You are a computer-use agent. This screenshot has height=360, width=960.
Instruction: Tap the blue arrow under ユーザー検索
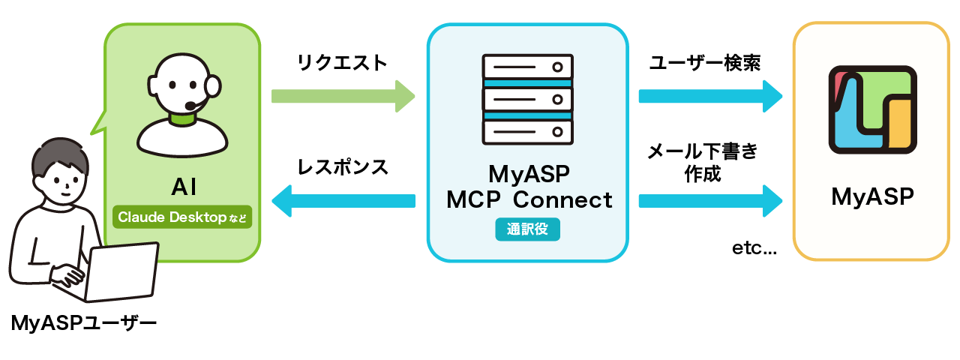coord(709,96)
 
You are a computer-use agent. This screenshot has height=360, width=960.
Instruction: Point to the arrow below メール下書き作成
coord(709,200)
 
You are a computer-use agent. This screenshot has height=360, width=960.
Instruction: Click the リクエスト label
coord(342,63)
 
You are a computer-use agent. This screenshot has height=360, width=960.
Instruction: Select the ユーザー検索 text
coord(705,63)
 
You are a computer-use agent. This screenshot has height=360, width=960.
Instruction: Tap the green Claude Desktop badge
coord(182,217)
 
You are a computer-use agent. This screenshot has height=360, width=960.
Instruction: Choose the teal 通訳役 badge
coord(527,229)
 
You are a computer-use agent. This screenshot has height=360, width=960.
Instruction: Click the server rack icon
coord(527,100)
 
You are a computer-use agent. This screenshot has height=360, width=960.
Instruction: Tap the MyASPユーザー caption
coord(84,324)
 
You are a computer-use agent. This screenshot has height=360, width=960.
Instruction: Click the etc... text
coord(754,248)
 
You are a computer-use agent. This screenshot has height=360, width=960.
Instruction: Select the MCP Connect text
coord(529,200)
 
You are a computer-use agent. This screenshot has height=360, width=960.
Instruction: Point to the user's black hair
coord(54,155)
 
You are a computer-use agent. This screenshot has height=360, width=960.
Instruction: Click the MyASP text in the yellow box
coord(871,197)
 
